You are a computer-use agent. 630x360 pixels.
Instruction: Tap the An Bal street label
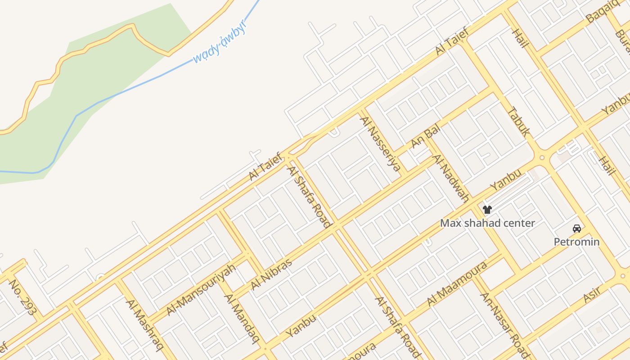(425, 136)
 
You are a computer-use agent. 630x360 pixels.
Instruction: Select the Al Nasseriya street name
(380, 144)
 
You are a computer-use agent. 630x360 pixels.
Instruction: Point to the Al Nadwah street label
(451, 178)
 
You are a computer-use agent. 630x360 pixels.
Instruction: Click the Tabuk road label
(518, 121)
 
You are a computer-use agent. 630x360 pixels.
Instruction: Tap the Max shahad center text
(487, 223)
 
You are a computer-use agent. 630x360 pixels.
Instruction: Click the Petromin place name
(576, 242)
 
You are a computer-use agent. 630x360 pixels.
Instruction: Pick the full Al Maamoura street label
(457, 283)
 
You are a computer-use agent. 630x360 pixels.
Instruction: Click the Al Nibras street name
(271, 274)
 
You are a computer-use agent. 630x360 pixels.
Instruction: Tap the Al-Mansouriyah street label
(201, 290)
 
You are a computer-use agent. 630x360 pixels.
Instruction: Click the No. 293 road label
(22, 297)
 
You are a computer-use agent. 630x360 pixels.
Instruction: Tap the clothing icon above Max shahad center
(487, 209)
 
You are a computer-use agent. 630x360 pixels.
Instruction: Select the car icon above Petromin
(577, 229)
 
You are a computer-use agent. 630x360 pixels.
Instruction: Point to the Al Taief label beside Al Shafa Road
(266, 166)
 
